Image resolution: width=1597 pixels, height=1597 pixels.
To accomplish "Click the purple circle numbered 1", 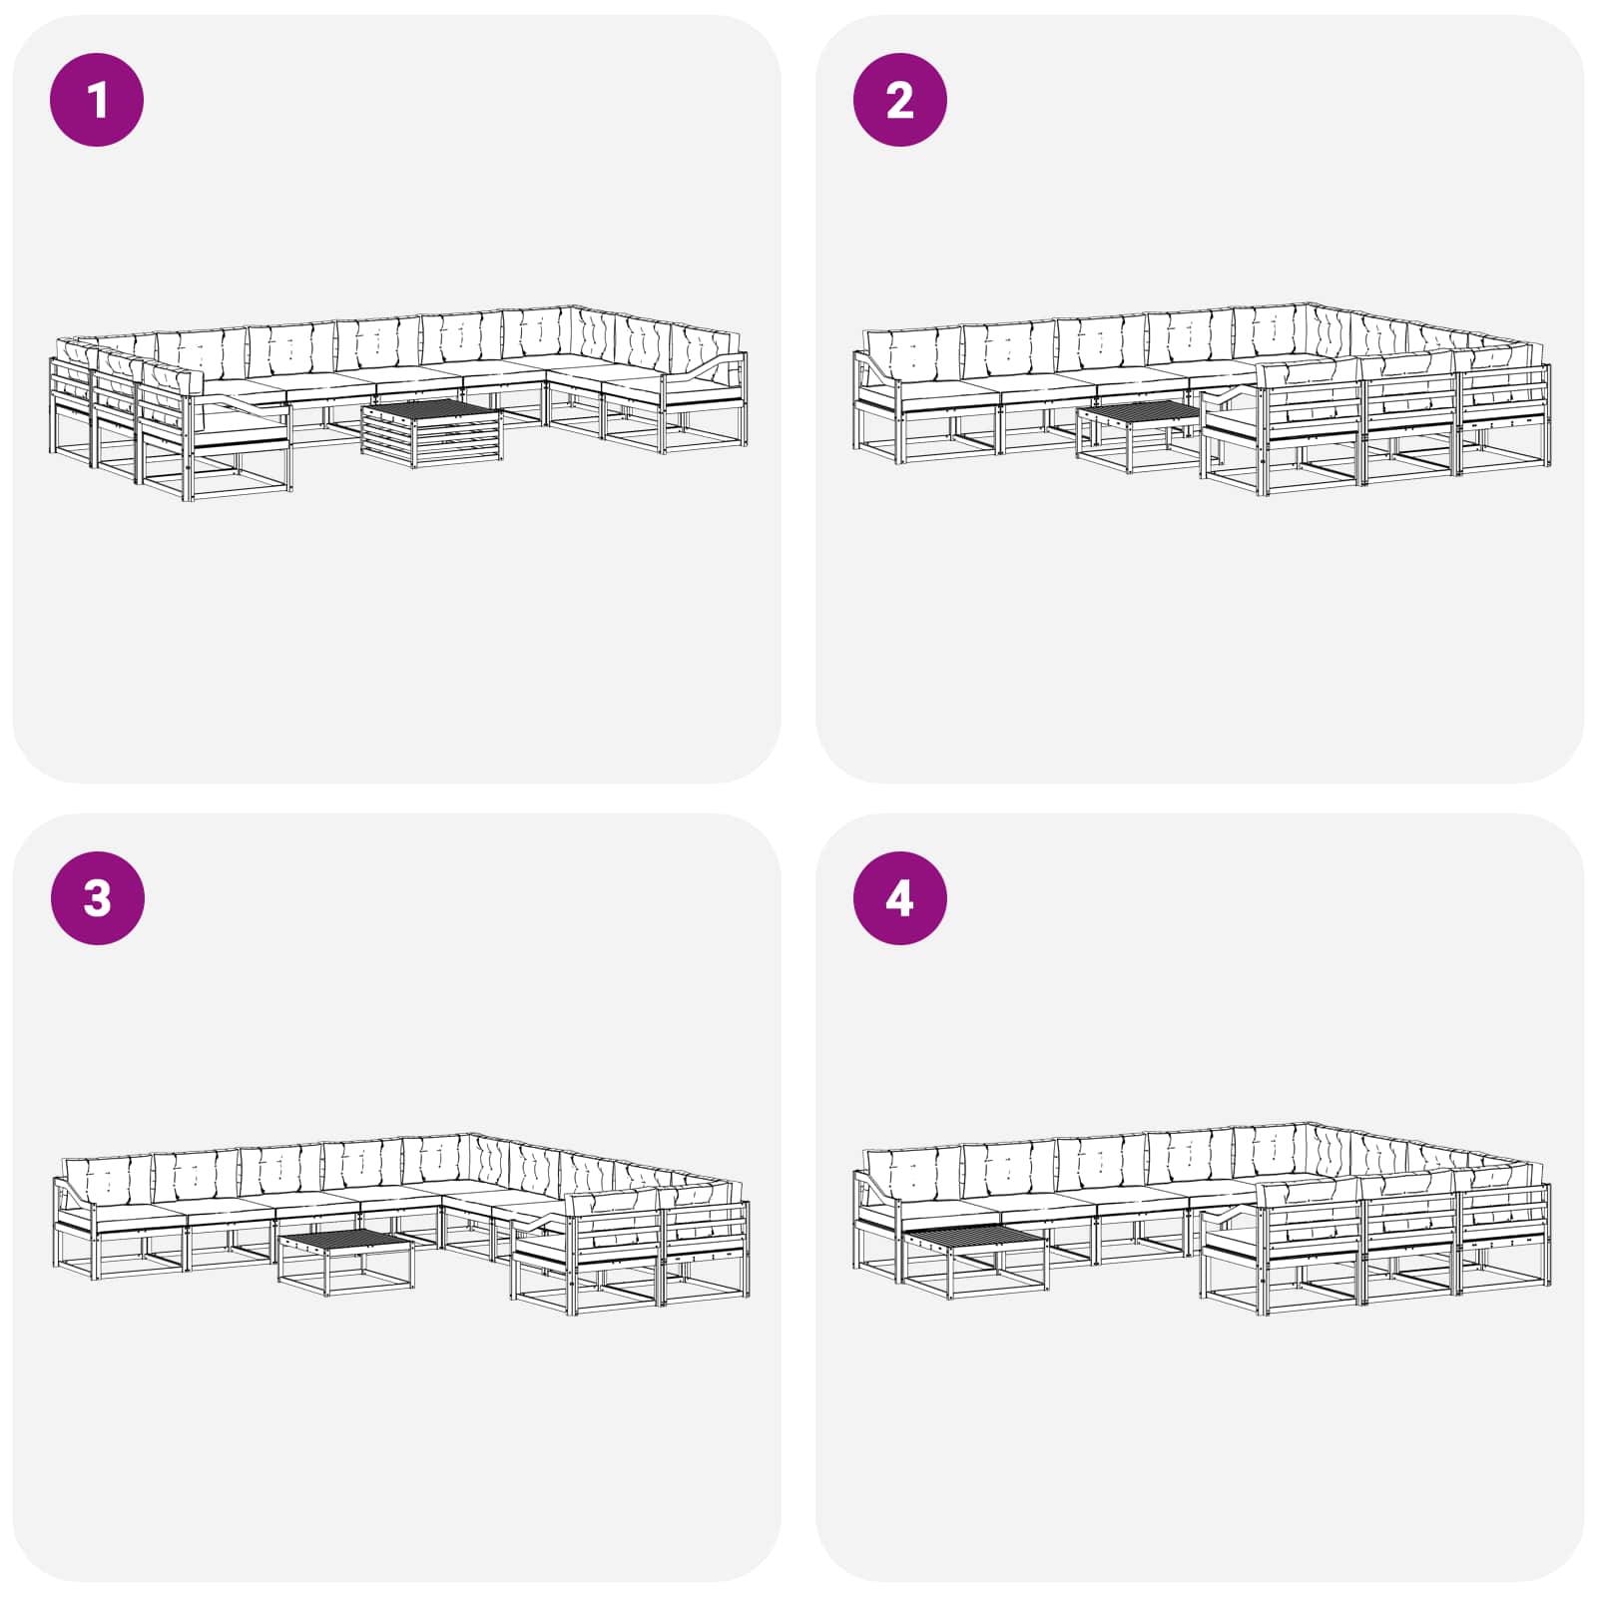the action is click(97, 100).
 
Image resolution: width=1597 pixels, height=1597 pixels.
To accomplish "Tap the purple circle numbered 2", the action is click(899, 100).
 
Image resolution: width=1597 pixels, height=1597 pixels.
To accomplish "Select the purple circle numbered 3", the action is click(97, 897).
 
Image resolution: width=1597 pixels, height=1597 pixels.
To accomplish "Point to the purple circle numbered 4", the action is click(899, 897).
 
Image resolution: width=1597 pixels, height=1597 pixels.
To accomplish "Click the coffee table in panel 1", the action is click(432, 433).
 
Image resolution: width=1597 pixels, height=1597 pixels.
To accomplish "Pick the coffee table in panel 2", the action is click(1138, 437).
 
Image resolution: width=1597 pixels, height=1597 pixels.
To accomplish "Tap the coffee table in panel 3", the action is click(345, 1263).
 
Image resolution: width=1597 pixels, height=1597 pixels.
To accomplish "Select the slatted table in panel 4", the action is click(975, 1261).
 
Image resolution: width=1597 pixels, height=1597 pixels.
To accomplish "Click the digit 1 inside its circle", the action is click(97, 100).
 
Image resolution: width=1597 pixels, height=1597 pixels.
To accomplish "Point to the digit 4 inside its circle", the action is click(899, 898).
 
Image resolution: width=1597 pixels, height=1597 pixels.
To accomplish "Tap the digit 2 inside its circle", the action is click(899, 100).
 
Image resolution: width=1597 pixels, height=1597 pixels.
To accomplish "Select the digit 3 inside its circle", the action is click(97, 898).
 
